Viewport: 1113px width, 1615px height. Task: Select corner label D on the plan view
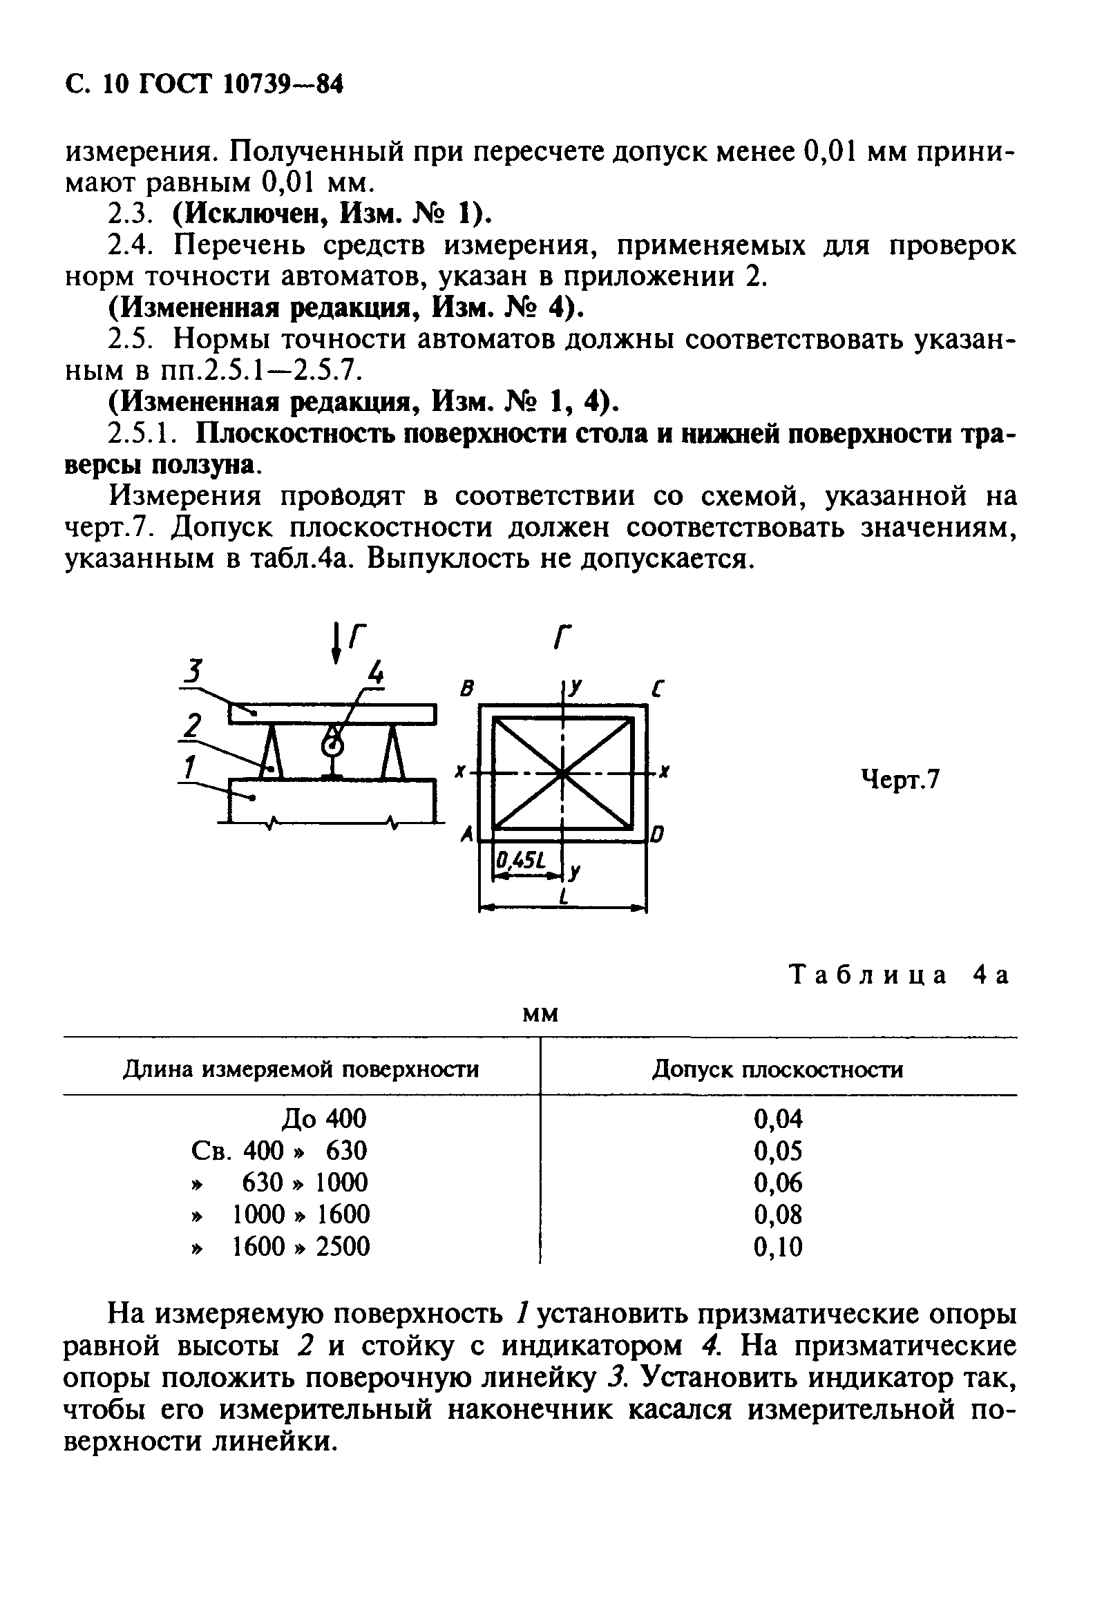[657, 834]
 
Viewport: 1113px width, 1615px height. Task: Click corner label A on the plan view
[467, 834]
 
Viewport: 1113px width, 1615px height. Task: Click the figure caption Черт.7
[900, 781]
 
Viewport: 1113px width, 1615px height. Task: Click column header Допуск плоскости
[777, 1069]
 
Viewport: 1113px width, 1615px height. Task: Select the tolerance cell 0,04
[778, 1119]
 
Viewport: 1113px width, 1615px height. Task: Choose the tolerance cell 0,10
[778, 1247]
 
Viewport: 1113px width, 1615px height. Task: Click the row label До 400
[323, 1119]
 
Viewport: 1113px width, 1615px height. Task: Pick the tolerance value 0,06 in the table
[778, 1183]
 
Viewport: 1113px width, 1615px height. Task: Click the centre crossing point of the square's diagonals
[563, 773]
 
